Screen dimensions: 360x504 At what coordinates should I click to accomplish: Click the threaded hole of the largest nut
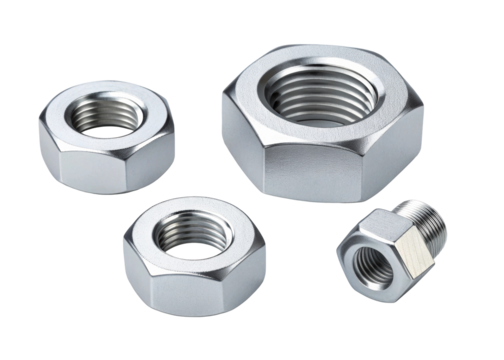pos(322,96)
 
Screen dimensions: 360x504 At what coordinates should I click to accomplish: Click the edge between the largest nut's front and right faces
pos(374,165)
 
